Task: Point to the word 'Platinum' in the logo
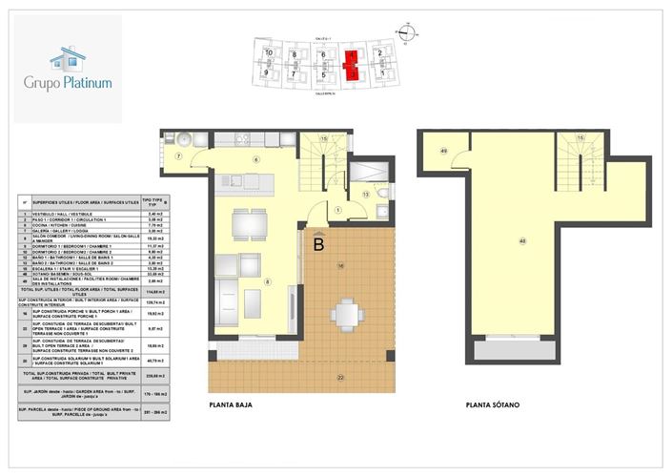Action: pyautogui.click(x=89, y=83)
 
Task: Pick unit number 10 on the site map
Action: pyautogui.click(x=270, y=53)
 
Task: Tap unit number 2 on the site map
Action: pyautogui.click(x=380, y=53)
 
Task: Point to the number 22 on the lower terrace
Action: pyautogui.click(x=340, y=378)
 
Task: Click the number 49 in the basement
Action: pyautogui.click(x=443, y=151)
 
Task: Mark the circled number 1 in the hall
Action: pyautogui.click(x=338, y=212)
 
